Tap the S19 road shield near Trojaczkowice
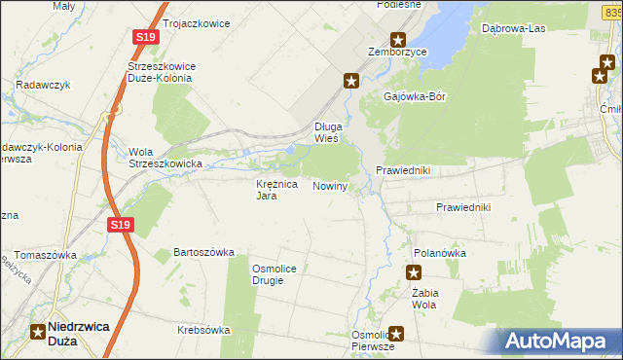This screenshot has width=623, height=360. pos(145,37)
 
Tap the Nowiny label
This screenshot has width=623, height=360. pos(330,186)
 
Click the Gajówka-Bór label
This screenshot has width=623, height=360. pos(415,98)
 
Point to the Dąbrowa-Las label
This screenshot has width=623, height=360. pos(513,29)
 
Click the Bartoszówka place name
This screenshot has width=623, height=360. pos(204,252)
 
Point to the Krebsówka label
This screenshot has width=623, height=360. pos(203,330)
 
